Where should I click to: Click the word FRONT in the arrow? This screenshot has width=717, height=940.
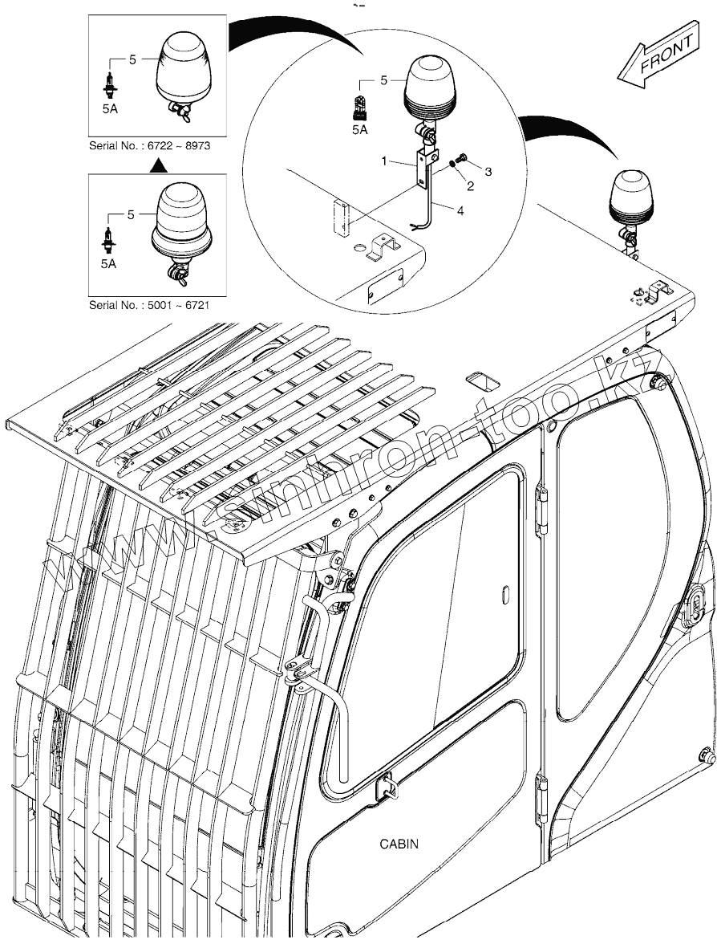666,58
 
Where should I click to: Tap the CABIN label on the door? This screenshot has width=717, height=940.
399,844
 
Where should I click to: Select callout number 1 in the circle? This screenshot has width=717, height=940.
385,161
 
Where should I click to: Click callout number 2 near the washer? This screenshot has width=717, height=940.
470,185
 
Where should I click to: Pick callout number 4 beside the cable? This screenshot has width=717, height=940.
460,211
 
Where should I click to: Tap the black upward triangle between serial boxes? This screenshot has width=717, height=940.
159,165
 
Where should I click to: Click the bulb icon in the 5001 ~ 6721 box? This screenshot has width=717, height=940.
107,238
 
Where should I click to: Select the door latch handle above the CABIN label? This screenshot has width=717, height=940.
386,784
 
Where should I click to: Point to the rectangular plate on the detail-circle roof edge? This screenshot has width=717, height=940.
386,284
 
